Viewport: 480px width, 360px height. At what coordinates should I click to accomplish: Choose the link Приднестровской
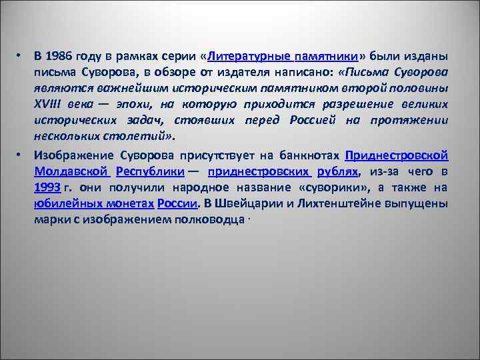[x=397, y=155]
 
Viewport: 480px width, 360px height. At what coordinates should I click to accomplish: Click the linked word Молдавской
[x=71, y=171]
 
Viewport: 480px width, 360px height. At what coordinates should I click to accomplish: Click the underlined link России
[x=177, y=203]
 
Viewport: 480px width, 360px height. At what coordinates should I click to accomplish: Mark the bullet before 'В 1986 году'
[x=21, y=55]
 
